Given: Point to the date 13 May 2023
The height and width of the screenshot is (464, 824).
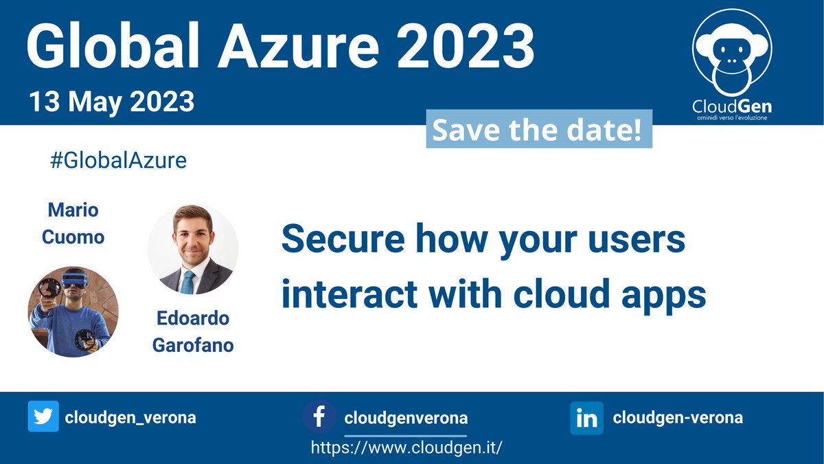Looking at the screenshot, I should [111, 102].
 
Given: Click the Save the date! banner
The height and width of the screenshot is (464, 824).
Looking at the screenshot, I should [538, 131].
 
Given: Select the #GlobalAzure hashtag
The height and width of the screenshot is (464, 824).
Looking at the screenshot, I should [118, 161].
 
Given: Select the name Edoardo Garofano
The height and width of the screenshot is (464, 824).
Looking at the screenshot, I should [192, 331].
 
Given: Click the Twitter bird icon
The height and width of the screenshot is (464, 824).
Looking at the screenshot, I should [43, 417].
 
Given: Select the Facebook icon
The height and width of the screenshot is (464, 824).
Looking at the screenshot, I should [319, 417].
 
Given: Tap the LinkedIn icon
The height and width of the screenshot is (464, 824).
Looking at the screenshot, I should [586, 418].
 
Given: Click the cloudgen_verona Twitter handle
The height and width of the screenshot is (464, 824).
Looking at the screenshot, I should [130, 417].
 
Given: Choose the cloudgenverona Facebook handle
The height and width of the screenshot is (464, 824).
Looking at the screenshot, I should [406, 418].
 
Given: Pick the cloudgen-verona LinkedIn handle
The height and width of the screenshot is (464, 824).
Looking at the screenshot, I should [678, 417].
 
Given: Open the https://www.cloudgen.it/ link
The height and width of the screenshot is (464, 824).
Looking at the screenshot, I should [407, 447].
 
